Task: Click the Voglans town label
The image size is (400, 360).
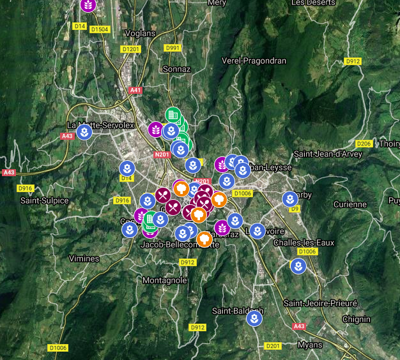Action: point(141,34)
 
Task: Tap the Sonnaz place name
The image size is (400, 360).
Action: point(177,68)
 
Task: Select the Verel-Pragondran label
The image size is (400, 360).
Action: point(254,61)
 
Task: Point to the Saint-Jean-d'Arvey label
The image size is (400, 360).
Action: point(328,154)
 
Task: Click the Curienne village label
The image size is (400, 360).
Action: point(350,204)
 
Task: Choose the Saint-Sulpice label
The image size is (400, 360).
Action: point(44,200)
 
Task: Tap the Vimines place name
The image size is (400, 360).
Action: point(84,259)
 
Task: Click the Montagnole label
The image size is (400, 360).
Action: point(165,280)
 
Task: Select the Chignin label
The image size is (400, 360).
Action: point(356,319)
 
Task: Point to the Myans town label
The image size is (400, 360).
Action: point(310,345)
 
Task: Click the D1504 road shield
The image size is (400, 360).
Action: point(100,29)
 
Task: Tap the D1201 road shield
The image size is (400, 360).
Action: point(130,49)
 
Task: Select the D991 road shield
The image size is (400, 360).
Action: point(173,48)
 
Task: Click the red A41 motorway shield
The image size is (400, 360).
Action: point(135,91)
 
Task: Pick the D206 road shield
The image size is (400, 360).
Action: point(364,144)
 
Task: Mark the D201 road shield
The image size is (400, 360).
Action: point(273,346)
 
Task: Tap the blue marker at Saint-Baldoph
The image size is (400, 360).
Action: point(254,318)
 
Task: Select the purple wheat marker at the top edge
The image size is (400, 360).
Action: point(89,5)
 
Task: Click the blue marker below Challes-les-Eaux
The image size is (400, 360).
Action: point(297,266)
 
